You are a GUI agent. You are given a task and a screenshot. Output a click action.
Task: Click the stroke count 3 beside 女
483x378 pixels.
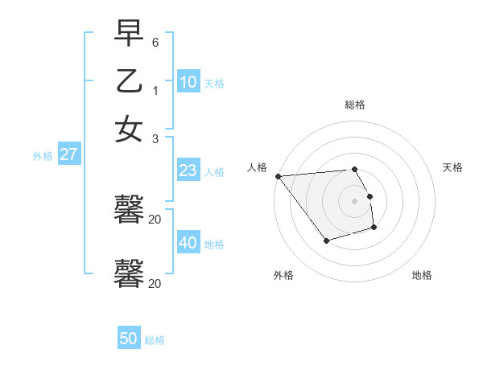tap(155, 138)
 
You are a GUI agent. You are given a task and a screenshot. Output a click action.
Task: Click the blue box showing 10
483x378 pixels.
tap(188, 82)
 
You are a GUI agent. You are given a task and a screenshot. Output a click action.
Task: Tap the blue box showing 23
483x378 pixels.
tap(188, 171)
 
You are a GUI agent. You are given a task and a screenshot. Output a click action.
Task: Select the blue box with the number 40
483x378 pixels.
tap(188, 243)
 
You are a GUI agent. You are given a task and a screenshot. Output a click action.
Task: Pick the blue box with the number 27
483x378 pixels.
tap(68, 155)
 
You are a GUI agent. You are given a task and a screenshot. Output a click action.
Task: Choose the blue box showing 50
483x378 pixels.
tap(129, 339)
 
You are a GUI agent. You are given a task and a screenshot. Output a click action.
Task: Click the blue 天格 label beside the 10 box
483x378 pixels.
tap(214, 84)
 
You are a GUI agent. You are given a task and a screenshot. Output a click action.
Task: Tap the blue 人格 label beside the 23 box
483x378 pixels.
tap(214, 172)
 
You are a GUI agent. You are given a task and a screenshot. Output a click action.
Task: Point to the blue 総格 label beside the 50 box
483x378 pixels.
tap(155, 341)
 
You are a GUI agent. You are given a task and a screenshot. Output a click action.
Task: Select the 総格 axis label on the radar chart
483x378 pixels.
tap(355, 105)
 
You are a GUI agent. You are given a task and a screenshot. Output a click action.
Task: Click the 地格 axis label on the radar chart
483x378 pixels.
tap(422, 276)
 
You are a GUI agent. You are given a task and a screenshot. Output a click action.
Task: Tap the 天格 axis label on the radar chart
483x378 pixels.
tap(452, 167)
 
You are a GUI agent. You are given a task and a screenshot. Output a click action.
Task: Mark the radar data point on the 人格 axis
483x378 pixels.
tap(278, 176)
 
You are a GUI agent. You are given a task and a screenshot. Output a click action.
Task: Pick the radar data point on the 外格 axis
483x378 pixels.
tap(326, 240)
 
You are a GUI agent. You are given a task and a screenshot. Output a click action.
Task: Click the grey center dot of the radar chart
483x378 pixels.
tap(355, 201)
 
